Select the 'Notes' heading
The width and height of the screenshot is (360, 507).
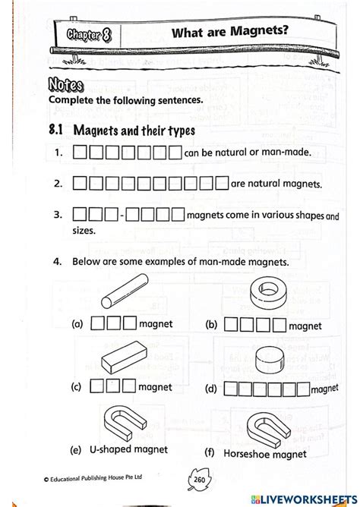click(x=65, y=83)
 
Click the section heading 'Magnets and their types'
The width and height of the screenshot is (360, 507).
click(x=134, y=130)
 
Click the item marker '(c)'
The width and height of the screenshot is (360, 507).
click(x=77, y=386)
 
